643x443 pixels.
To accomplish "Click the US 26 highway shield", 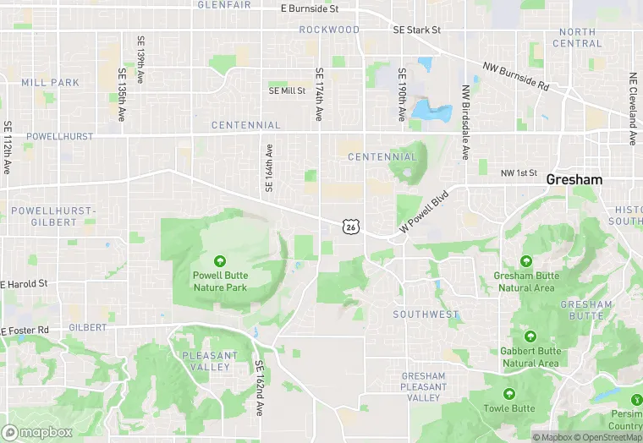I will pyautogui.click(x=349, y=226).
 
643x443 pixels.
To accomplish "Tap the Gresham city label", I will pyautogui.click(x=574, y=180).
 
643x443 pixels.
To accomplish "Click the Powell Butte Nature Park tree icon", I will pyautogui.click(x=220, y=261).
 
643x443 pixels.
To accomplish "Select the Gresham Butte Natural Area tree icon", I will pyautogui.click(x=526, y=261).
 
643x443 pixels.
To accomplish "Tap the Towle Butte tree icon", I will pyautogui.click(x=509, y=394).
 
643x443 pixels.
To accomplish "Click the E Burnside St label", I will pyautogui.click(x=309, y=8).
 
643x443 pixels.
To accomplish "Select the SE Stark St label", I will pyautogui.click(x=417, y=30).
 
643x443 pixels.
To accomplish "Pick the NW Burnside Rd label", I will pyautogui.click(x=515, y=76).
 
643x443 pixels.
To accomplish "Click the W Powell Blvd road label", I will pyautogui.click(x=422, y=214).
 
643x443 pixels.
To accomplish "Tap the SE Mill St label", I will pyautogui.click(x=287, y=90).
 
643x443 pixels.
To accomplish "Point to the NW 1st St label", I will pyautogui.click(x=519, y=173).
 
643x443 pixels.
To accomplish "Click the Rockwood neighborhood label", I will pyautogui.click(x=329, y=30).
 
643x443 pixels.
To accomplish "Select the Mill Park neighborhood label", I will pyautogui.click(x=51, y=83).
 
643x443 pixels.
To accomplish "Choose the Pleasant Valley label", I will pyautogui.click(x=206, y=362).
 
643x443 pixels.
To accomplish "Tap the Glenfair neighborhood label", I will pyautogui.click(x=224, y=5).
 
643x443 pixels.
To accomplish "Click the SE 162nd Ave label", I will pyautogui.click(x=260, y=388).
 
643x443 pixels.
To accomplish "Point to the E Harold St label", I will pyautogui.click(x=25, y=284).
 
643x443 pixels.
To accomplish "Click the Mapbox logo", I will pyautogui.click(x=37, y=432).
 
